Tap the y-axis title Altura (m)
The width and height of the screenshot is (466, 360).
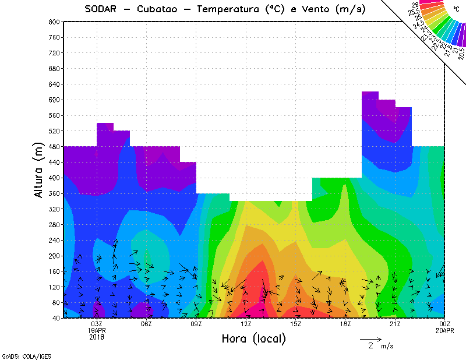point(39,170)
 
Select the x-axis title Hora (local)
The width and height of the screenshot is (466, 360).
point(253,338)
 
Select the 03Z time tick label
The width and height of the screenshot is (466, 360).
point(97,324)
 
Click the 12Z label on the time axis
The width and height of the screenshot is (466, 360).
point(246,324)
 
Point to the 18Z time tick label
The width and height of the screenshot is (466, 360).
point(345,324)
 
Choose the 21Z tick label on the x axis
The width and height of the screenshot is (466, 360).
point(395,324)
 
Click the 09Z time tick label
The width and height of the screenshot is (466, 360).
point(196,324)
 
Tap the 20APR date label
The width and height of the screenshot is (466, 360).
point(444,330)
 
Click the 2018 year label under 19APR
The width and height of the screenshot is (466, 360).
point(97,336)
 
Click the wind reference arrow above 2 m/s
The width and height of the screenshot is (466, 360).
point(370,338)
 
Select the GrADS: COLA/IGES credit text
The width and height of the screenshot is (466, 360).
point(20,355)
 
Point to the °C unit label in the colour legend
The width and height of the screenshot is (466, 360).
point(456,9)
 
